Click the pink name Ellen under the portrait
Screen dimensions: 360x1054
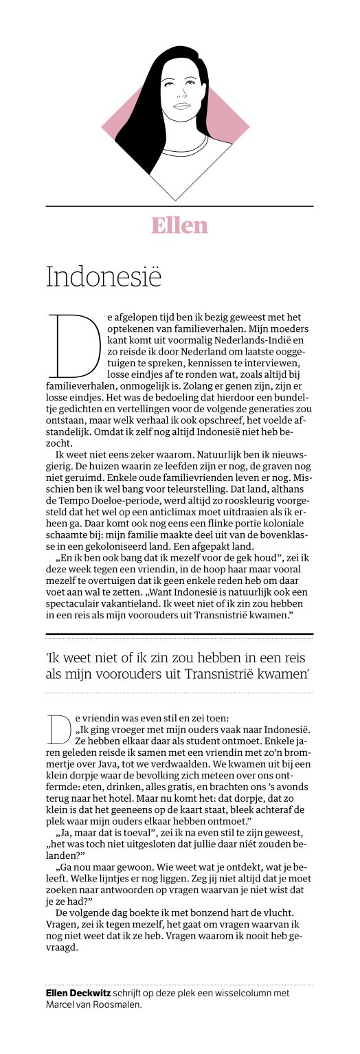[179, 225]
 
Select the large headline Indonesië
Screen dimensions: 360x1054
[103, 276]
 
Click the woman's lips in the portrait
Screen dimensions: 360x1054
[180, 105]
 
